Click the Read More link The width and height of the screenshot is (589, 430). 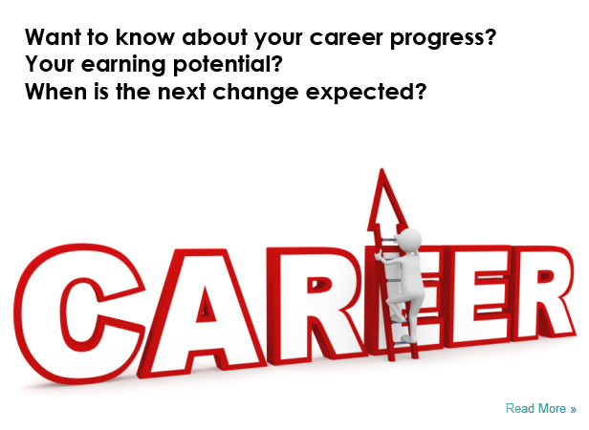pos(541,409)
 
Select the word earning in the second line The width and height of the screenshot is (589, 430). pos(123,65)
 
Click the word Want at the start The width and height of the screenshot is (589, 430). pos(53,37)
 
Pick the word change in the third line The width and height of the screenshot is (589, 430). pos(255,92)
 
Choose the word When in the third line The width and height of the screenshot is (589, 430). pos(55,92)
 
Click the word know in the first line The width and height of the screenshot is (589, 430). pos(145,37)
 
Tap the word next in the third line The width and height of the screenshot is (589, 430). pos(182,92)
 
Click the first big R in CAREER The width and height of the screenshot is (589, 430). pos(316,305)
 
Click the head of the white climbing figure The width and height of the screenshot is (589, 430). pos(409,239)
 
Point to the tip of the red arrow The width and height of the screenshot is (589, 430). pos(382,168)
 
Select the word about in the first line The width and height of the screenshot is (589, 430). pos(214,37)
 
